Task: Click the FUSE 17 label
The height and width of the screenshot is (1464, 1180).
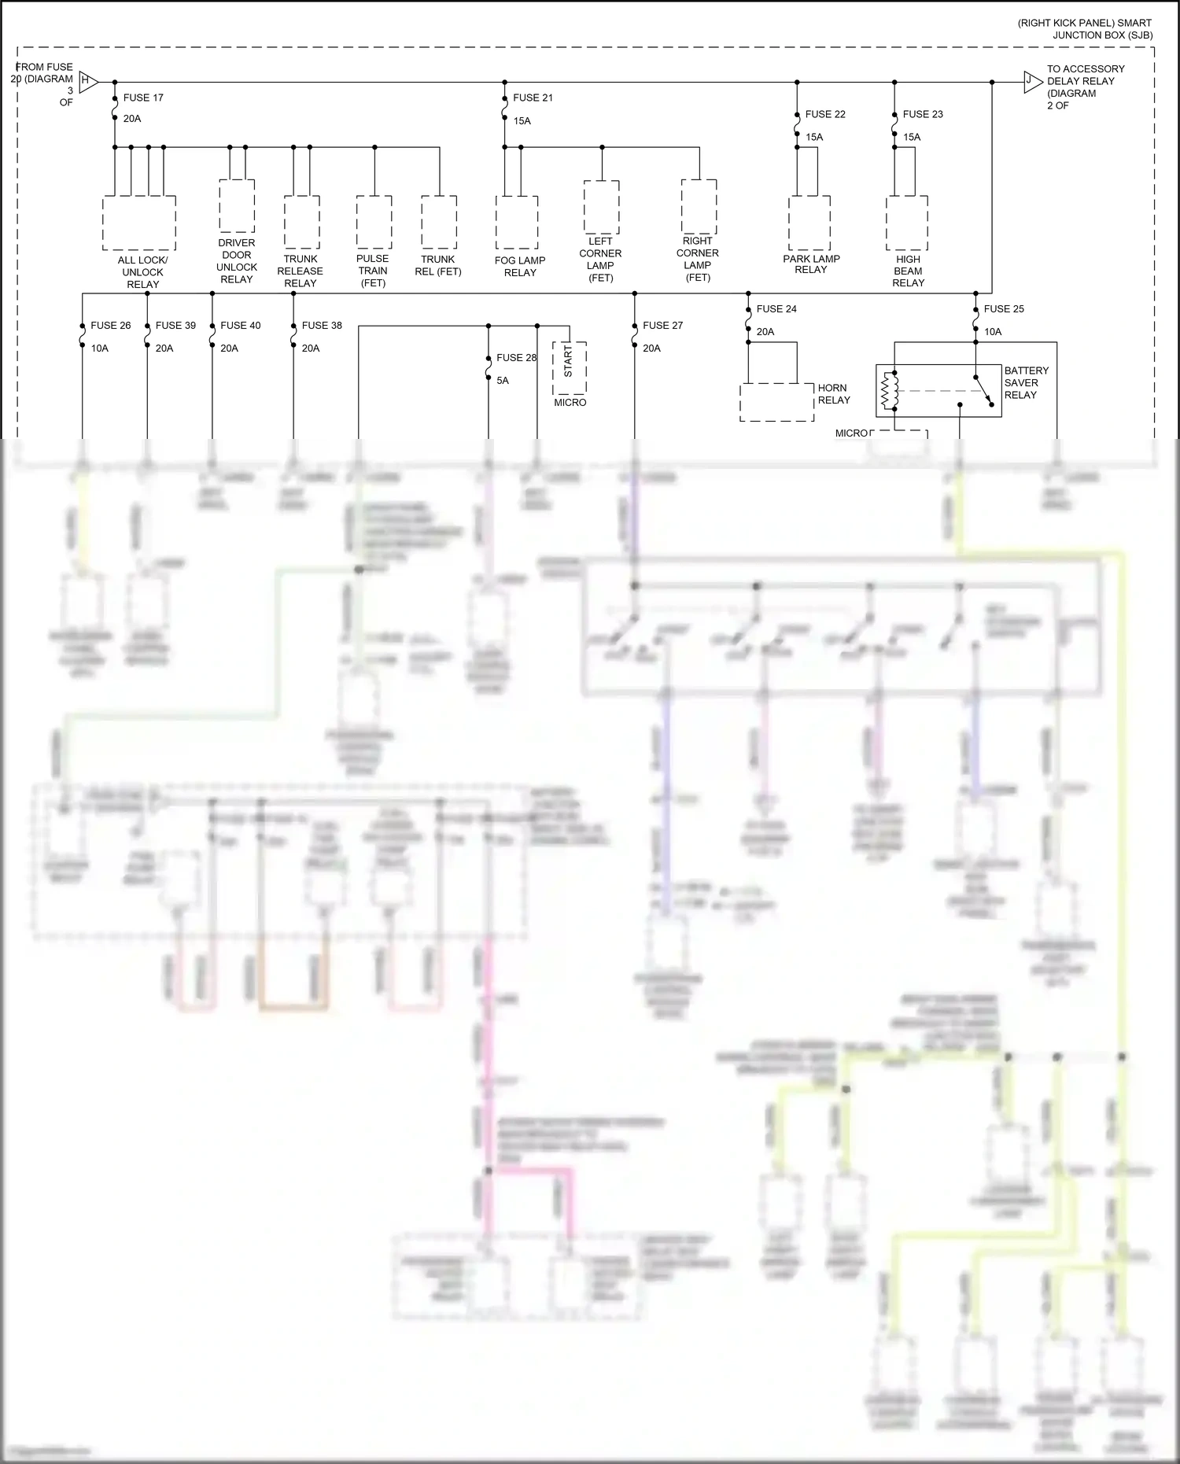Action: point(142,98)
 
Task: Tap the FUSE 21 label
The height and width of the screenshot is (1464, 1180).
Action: point(533,98)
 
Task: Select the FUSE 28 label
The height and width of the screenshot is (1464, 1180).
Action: point(516,358)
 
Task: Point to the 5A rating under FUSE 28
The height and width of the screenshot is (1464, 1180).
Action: point(503,381)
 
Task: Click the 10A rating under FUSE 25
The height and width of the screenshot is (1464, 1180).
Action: point(993,332)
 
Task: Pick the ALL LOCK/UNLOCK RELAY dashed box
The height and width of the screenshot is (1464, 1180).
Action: point(139,223)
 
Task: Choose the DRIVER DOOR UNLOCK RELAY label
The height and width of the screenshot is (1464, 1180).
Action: point(237,261)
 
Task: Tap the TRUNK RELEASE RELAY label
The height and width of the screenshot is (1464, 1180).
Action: point(301,271)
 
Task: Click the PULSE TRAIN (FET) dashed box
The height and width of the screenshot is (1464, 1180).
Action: point(374,223)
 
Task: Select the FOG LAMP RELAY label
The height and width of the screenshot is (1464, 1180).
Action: point(520,267)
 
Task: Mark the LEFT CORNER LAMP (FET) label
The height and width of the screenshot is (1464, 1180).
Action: point(600,260)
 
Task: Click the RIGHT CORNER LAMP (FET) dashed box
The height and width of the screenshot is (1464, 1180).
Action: point(699,207)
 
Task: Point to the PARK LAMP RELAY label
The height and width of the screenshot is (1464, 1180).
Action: point(811,264)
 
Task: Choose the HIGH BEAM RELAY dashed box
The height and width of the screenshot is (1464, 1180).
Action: point(907,223)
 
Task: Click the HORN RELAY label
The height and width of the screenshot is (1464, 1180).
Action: point(834,394)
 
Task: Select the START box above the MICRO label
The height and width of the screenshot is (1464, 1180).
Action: point(570,367)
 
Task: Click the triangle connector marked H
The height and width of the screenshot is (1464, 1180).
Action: point(88,82)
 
